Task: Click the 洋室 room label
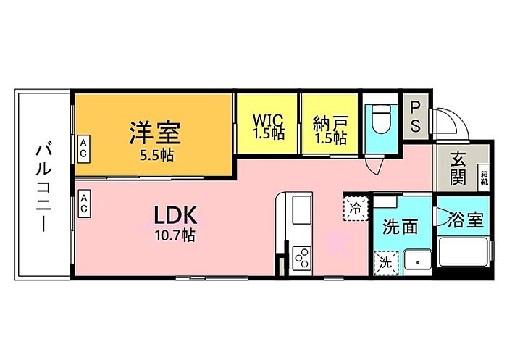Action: pos(155,133)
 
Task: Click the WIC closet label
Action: pos(268,120)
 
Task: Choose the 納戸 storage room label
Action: pos(330,120)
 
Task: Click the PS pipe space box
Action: pos(416,115)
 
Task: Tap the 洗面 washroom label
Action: pos(400,226)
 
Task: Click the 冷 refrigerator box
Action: pos(356,209)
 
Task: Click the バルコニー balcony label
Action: pos(42,188)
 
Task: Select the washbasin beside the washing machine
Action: pos(416,261)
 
